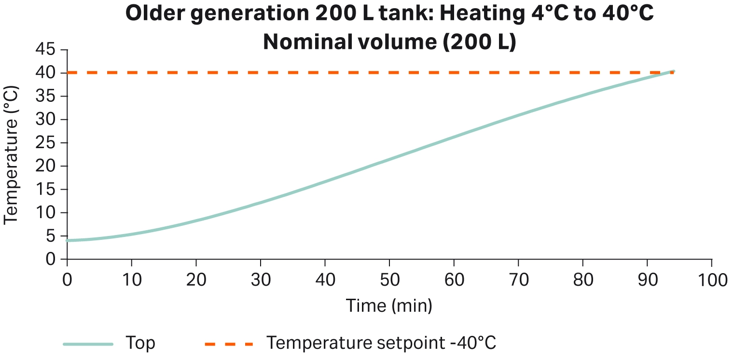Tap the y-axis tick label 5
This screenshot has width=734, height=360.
pos(50,236)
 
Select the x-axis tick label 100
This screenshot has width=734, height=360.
pos(711,280)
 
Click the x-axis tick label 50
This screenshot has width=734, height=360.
pos(389,280)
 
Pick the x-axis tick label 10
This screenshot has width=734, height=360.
pos(131,280)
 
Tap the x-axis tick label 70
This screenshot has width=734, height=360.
pos(518,280)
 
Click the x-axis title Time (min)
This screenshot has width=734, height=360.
pos(388,305)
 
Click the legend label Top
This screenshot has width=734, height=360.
pos(140,344)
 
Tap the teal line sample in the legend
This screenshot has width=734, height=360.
pos(88,344)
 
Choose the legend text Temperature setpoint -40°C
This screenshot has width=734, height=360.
pos(381,344)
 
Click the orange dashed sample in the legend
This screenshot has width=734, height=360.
pos(229,344)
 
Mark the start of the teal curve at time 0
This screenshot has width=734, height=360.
pos(68,240)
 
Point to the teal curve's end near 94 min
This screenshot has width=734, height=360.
pos(673,72)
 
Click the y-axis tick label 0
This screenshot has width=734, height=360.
pos(50,260)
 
